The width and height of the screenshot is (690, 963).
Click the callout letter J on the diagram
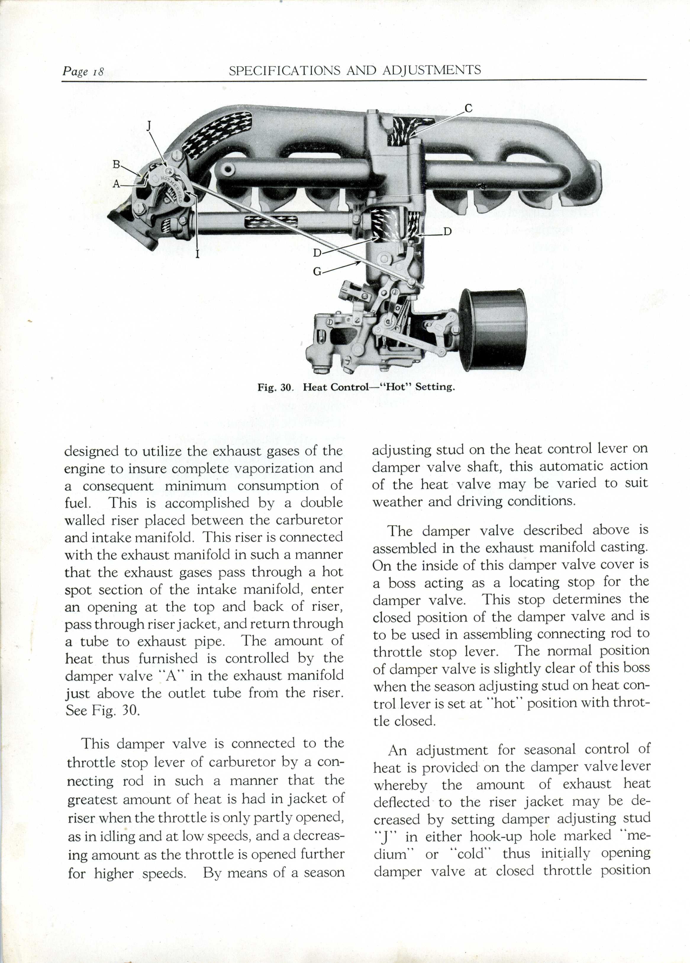(x=149, y=126)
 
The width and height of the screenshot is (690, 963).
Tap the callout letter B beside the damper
(x=116, y=164)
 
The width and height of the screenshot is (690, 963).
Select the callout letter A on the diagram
(x=116, y=184)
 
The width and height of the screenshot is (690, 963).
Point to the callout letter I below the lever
(x=197, y=254)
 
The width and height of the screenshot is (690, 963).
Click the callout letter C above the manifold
(x=468, y=109)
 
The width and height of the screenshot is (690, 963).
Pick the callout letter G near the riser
(x=317, y=271)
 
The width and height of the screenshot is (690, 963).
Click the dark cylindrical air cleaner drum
(x=494, y=329)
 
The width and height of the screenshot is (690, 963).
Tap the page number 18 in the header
(x=98, y=71)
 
